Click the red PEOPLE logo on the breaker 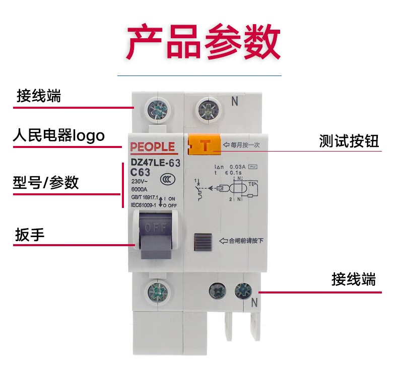point(152,147)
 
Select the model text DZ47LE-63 point(155,163)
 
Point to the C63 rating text point(141,172)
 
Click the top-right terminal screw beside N point(207,109)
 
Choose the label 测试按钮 point(349,141)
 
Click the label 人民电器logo point(58,135)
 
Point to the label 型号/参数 point(46,182)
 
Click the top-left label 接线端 point(39,96)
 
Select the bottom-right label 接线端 point(354,279)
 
